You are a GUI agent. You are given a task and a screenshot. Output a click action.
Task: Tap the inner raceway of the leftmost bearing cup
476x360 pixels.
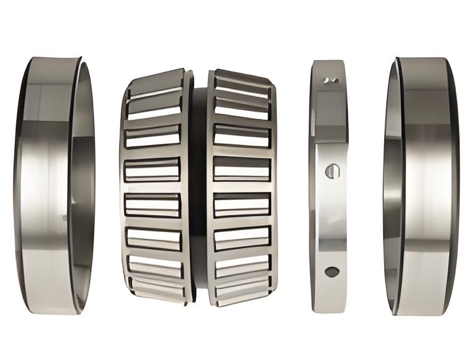(83, 185)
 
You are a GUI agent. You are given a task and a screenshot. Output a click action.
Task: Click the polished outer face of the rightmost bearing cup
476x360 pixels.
(425, 185)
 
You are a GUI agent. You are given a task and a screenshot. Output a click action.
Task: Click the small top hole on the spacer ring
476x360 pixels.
(331, 80)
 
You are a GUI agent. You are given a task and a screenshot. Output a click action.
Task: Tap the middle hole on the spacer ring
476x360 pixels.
(332, 171)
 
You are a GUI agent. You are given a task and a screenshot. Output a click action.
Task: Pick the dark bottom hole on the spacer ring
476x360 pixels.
(332, 271)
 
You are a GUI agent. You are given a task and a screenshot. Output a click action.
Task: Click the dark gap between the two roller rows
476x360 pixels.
(199, 185)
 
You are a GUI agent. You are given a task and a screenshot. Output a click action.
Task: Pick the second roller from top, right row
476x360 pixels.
(242, 108)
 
